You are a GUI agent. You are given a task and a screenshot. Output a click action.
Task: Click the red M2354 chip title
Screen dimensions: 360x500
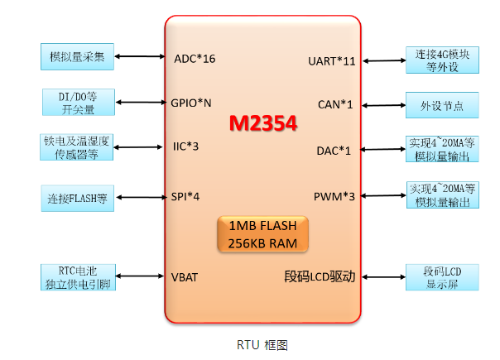262,122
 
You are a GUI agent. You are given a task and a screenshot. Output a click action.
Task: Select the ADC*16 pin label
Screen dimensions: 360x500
195,59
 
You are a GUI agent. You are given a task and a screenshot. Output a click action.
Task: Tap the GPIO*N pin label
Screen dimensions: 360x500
191,103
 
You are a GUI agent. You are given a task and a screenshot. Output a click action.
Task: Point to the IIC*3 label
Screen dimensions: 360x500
185,147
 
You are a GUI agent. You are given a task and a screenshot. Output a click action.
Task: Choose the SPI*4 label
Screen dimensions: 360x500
186,196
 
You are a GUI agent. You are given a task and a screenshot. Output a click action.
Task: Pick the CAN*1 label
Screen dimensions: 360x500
335,104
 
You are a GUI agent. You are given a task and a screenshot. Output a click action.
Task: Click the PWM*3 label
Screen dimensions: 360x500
334,196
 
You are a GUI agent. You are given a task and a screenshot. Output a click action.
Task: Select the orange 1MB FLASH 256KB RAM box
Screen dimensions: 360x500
262,234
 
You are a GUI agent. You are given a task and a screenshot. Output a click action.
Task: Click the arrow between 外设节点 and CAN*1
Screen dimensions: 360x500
383,105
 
